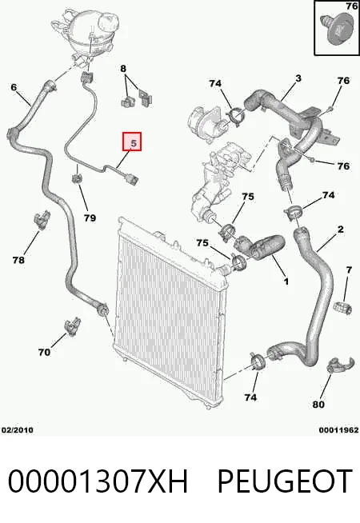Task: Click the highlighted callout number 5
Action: tap(132, 142)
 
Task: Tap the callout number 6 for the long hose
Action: tap(14, 87)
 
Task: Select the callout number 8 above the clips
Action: tap(123, 69)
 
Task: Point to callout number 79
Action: tap(90, 218)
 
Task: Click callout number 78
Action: tap(18, 260)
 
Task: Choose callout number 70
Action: tap(44, 352)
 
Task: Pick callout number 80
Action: tap(318, 405)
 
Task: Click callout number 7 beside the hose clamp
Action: tap(349, 269)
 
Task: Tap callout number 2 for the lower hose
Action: tap(340, 230)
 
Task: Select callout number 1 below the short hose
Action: tap(286, 281)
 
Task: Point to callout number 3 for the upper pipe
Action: tap(298, 78)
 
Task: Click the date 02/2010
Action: tap(18, 430)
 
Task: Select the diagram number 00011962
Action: tap(338, 430)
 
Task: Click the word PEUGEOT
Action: tap(285, 481)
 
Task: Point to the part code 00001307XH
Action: tap(98, 481)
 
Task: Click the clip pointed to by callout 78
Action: tap(42, 220)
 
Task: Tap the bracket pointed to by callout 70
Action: tap(73, 326)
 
